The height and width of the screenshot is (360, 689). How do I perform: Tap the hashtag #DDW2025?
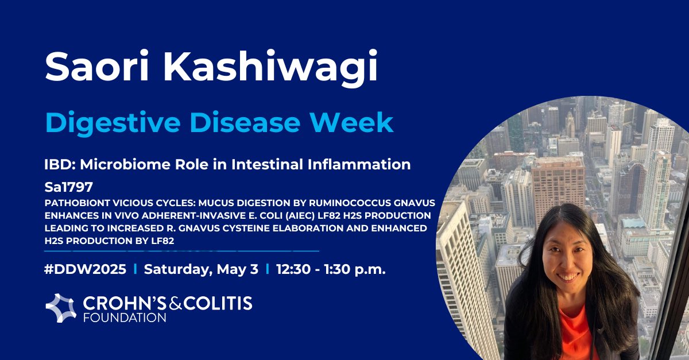point(86,269)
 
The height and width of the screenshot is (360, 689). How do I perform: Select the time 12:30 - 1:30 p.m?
point(331,269)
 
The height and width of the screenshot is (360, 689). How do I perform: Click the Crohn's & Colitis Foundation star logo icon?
point(61,308)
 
